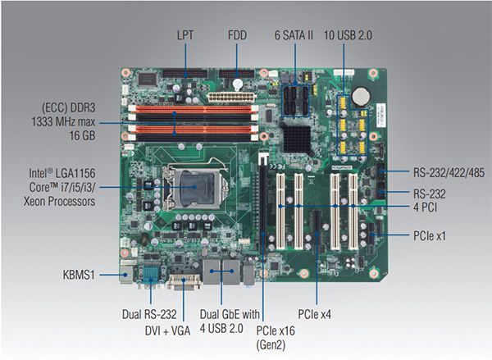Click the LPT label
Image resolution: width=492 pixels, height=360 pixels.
point(185,34)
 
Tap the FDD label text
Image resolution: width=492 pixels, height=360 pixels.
point(237,34)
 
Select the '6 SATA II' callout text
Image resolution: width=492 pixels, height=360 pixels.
point(294,34)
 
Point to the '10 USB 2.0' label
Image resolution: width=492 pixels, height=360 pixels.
point(348,34)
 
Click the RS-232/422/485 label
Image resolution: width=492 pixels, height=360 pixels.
point(449,172)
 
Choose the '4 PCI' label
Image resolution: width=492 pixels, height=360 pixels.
point(425,207)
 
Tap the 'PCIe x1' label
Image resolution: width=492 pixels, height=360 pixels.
point(430,235)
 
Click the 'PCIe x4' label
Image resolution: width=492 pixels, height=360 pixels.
point(314,314)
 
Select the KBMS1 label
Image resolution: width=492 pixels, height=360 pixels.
point(79,275)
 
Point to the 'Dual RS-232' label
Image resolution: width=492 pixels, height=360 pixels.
point(149,314)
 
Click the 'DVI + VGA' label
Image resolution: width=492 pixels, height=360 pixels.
point(167,330)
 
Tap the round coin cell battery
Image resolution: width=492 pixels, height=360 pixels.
point(361,95)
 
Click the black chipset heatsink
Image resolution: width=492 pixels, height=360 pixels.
point(297,136)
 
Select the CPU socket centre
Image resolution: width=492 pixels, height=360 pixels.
point(196,187)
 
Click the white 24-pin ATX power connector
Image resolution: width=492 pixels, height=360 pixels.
point(231,97)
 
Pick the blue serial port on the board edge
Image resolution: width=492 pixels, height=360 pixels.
point(151,276)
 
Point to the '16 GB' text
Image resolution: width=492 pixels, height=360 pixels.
point(82,135)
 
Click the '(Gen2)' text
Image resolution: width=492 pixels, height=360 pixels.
point(271,345)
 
